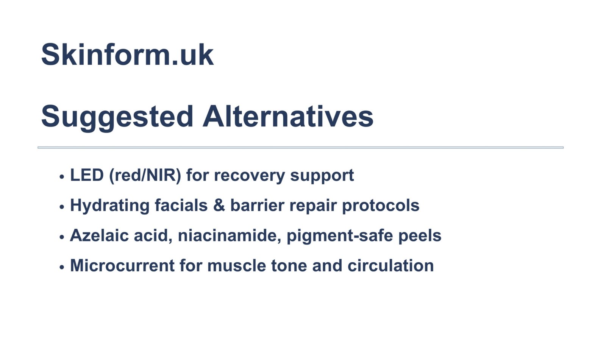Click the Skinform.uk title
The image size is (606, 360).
coord(127,55)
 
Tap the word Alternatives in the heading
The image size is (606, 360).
coord(288,116)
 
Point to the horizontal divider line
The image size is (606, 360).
coord(301,148)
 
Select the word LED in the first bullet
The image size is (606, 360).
coord(87,175)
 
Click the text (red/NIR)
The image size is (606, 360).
coord(145,176)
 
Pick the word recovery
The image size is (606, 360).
coord(250,177)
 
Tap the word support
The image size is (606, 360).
coord(322,177)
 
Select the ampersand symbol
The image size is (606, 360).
coord(219,205)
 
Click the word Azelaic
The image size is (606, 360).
coord(99,235)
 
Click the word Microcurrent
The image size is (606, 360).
coord(122,266)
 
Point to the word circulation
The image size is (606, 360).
coord(390,266)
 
